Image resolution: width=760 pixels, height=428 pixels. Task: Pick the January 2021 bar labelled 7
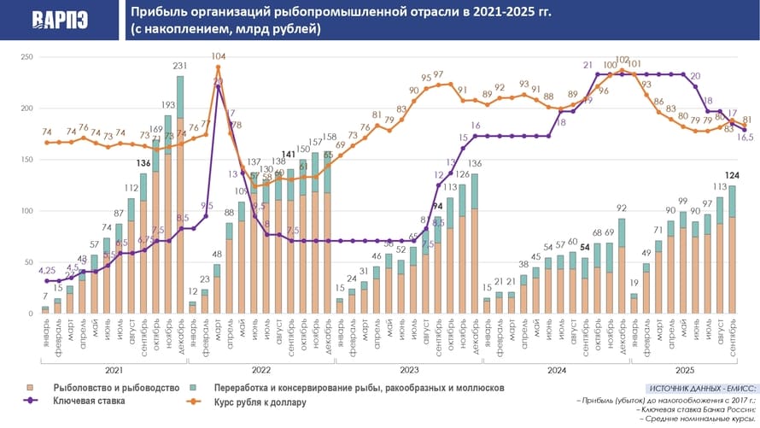coord(45,309)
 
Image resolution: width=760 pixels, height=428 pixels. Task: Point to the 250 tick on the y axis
coord(26,57)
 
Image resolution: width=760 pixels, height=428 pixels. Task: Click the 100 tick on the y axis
coord(26,211)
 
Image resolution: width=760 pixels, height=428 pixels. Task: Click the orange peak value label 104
coord(219,56)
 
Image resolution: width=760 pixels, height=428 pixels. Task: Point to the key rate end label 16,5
coord(745,137)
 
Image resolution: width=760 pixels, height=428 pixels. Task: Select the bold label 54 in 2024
coord(584,247)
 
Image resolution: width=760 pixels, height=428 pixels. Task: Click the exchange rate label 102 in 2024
coord(622,61)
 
